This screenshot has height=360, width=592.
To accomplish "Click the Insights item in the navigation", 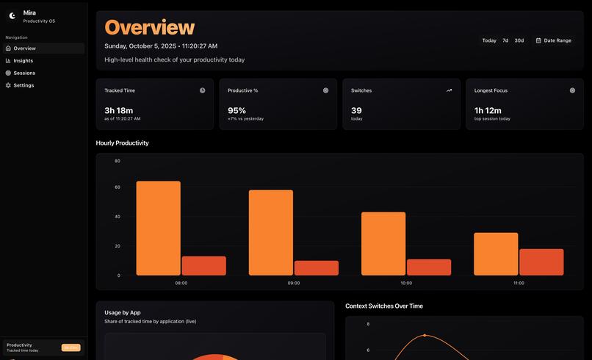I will click(x=23, y=60).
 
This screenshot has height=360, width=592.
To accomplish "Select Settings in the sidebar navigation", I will click(x=24, y=85).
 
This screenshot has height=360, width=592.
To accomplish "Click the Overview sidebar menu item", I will click(x=24, y=48).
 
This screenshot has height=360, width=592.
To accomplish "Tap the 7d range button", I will click(x=505, y=40).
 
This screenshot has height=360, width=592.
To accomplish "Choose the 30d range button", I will click(x=519, y=40).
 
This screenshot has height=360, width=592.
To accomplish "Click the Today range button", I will click(x=489, y=40).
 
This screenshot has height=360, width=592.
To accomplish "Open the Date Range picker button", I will click(x=553, y=40).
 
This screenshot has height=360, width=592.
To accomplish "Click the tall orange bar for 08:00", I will click(x=158, y=228).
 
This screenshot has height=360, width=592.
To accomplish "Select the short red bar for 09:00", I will click(x=317, y=268).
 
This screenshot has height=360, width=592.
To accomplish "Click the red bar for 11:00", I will click(x=541, y=262).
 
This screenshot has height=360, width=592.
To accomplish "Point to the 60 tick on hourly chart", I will click(x=118, y=187).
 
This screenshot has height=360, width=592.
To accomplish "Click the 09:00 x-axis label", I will click(x=294, y=283).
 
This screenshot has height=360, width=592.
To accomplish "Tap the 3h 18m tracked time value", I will click(x=119, y=110).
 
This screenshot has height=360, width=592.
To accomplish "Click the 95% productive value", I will click(x=237, y=110).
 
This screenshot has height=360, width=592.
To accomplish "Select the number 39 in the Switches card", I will click(x=356, y=110).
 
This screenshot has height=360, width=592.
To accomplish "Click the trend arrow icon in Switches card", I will click(x=449, y=90).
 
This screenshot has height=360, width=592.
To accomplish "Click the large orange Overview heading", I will click(x=150, y=27).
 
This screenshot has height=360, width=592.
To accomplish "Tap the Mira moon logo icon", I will click(x=12, y=15).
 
